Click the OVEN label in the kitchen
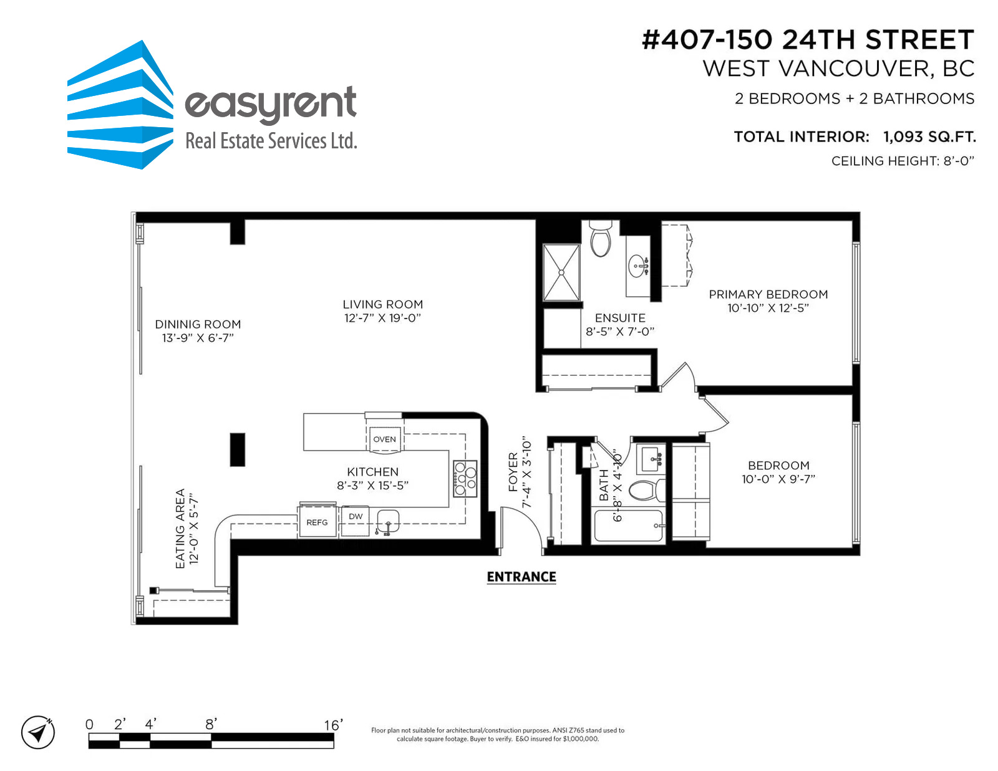pyautogui.click(x=384, y=439)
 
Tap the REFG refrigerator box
pyautogui.click(x=317, y=521)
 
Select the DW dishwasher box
pyautogui.click(x=355, y=520)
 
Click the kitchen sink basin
pyautogui.click(x=387, y=521)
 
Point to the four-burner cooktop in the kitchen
pyautogui.click(x=465, y=478)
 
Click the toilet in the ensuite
pyautogui.click(x=600, y=239)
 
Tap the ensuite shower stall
pyautogui.click(x=561, y=272)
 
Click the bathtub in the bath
pyautogui.click(x=628, y=525)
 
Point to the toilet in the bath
pyautogui.click(x=646, y=489)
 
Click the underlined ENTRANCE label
pyautogui.click(x=521, y=577)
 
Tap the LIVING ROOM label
pyautogui.click(x=382, y=304)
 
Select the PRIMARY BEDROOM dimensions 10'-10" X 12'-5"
pyautogui.click(x=768, y=308)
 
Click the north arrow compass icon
pyautogui.click(x=37, y=732)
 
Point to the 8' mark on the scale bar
pyautogui.click(x=211, y=724)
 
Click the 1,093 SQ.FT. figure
pyautogui.click(x=929, y=136)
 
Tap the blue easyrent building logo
pyautogui.click(x=120, y=105)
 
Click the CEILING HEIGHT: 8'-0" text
pyautogui.click(x=903, y=161)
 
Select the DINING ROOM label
pyautogui.click(x=198, y=325)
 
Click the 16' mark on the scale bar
pyautogui.click(x=334, y=725)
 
